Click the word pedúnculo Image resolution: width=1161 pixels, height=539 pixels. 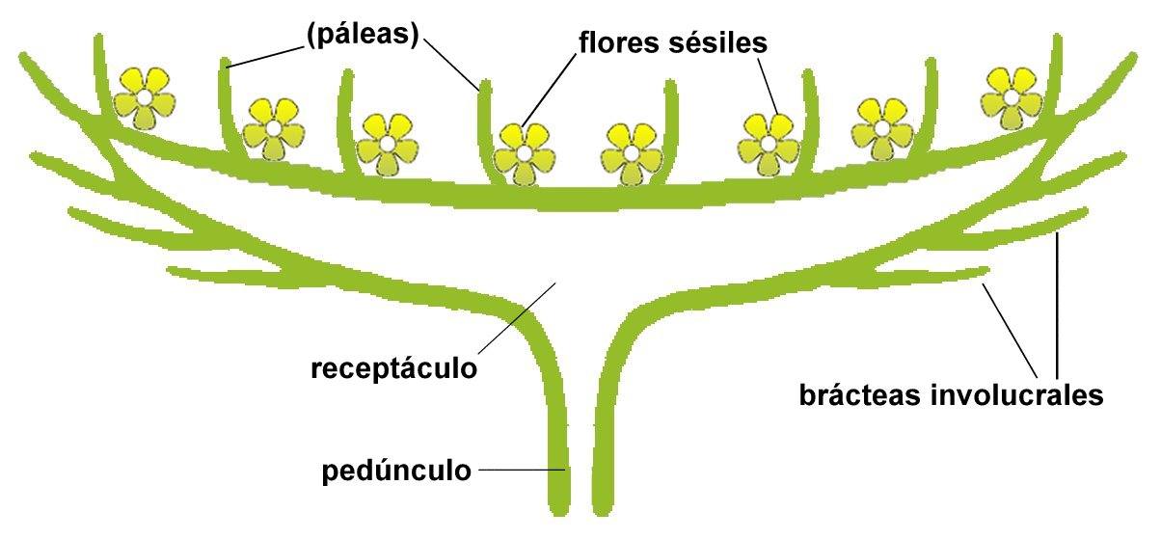[397, 472]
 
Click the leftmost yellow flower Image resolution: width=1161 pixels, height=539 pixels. [143, 98]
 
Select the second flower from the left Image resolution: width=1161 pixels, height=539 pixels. [274, 128]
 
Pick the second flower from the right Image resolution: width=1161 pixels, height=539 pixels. [881, 128]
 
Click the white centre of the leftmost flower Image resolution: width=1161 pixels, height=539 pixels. [143, 98]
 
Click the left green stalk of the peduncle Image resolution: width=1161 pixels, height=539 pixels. [557, 434]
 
